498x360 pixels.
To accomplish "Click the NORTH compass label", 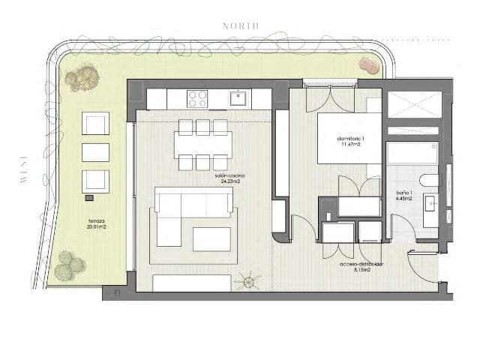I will pyautogui.click(x=241, y=25).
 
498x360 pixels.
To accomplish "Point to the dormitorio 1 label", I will pyautogui.click(x=349, y=143).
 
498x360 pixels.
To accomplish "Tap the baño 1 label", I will pyautogui.click(x=406, y=196).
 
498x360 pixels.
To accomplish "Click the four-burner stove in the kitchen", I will pyautogui.click(x=197, y=98).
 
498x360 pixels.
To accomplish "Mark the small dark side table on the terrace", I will pyautogui.click(x=90, y=198).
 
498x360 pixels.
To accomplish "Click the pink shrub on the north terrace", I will pyautogui.click(x=367, y=64).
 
